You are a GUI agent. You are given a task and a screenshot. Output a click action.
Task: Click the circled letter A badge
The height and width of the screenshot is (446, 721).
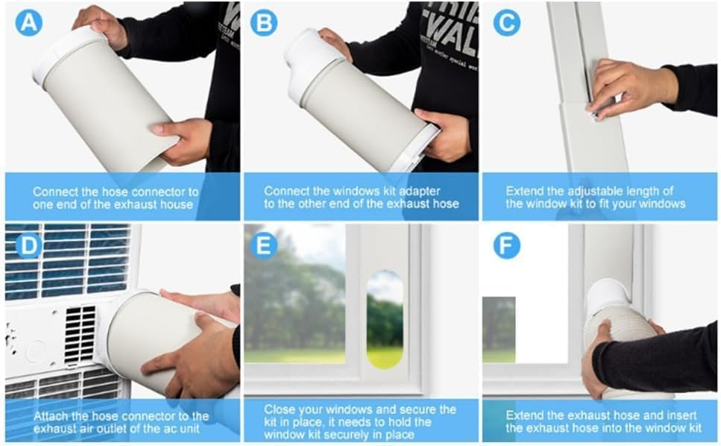click(x=29, y=22)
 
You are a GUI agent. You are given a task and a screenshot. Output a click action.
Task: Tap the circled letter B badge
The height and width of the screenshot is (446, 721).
click(x=263, y=22)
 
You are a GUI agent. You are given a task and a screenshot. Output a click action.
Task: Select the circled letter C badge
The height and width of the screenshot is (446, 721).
click(x=507, y=22)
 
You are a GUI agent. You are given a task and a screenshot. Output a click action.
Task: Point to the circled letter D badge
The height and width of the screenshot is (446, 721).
click(x=29, y=245)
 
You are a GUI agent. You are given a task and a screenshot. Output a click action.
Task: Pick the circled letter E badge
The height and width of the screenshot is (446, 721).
click(x=263, y=245)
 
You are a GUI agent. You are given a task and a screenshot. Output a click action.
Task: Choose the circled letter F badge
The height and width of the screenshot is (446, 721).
click(x=507, y=245)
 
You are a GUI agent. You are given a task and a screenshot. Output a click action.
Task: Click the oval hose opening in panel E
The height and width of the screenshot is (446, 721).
click(x=385, y=319)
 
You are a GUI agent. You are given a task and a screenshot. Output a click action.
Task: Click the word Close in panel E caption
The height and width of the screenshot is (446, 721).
click(x=280, y=409)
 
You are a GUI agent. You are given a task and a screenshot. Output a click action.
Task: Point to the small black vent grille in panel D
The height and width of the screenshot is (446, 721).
click(x=80, y=334)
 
